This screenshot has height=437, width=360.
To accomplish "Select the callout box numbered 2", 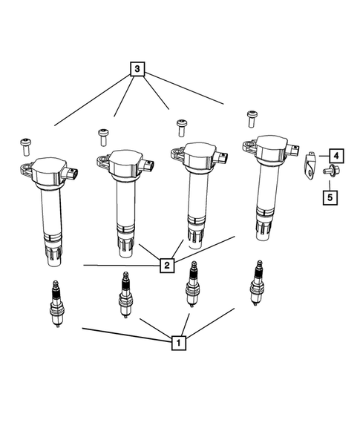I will click(168, 263).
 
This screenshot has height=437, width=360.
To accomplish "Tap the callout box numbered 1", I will click(177, 343).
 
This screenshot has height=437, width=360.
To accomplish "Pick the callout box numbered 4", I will click(336, 156).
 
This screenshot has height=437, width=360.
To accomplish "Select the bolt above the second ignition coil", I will click(102, 135).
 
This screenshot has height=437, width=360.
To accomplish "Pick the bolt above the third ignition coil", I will click(179, 123).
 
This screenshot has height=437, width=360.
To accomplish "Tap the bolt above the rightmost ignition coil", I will click(251, 116).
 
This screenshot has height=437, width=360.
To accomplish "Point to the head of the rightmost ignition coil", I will click(271, 148).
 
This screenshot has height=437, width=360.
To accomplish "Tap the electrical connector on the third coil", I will click(222, 157).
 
